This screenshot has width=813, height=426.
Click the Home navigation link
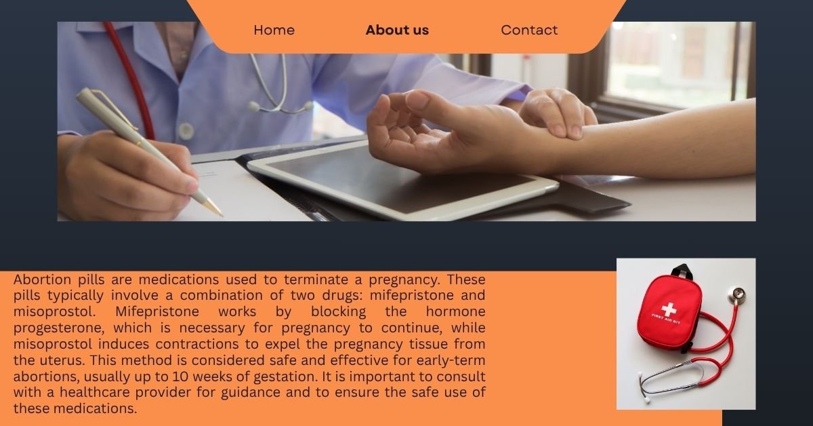click(274, 31)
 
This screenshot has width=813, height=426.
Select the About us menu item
click(397, 31)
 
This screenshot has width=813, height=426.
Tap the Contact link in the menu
click(529, 31)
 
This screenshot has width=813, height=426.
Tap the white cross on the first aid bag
click(669, 309)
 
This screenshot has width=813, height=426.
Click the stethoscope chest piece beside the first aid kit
click(736, 295)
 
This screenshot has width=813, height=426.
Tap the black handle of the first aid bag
click(680, 271)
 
